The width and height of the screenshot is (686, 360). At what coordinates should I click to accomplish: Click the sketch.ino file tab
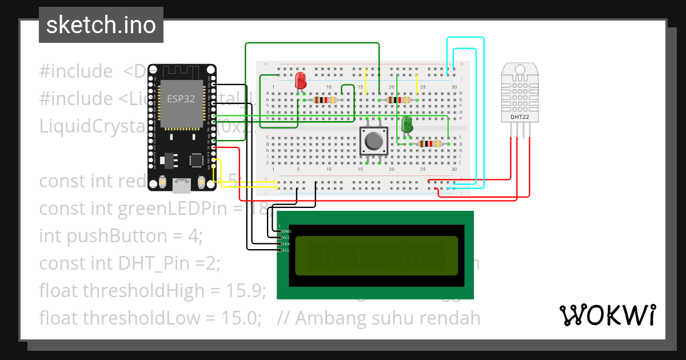pos(101,25)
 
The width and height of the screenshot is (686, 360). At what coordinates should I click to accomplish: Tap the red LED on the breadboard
pos(300,81)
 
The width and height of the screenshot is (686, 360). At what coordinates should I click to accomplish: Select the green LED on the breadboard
pos(407,125)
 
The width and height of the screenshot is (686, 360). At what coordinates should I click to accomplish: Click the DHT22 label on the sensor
pos(519,118)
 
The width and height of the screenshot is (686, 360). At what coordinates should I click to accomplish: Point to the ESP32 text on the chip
pos(181,99)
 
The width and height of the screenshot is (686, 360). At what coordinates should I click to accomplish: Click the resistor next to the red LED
pos(324,100)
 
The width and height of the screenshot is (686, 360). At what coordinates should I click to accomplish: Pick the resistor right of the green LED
pos(430,144)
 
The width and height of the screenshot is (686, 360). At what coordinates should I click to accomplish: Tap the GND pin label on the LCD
pos(286,231)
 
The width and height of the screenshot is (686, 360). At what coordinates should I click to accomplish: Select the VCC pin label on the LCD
pos(286,237)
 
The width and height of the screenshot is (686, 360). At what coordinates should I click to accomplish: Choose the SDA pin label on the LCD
pos(286,243)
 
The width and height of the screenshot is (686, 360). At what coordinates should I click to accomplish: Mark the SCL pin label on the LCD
pos(286,250)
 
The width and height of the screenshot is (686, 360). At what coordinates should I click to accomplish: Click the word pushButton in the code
pos(111,235)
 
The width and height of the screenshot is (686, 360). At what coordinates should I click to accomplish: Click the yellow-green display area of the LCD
pos(375,255)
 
